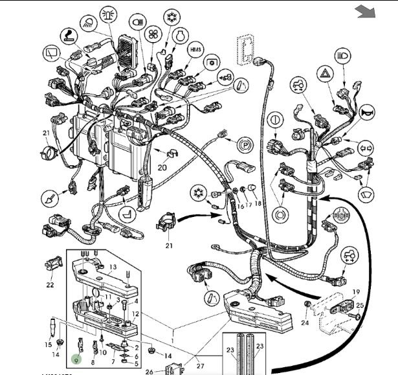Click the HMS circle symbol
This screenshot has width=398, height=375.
point(196,50)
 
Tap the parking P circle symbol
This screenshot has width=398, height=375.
point(244,144)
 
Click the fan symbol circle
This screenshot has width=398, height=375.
point(153,35)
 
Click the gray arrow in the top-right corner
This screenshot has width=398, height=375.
point(366,11)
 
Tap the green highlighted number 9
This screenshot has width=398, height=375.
point(77,357)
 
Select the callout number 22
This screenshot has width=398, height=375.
point(50,284)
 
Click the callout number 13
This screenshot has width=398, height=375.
point(112,267)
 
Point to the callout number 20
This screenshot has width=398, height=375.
point(162,167)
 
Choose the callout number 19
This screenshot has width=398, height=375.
point(355,292)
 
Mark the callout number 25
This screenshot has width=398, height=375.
point(360,304)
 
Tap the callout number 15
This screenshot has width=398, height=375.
point(49,345)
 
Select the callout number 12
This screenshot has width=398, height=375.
point(135,313)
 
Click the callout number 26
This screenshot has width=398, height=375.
point(149,371)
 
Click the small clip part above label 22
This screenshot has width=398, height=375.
point(52,265)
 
